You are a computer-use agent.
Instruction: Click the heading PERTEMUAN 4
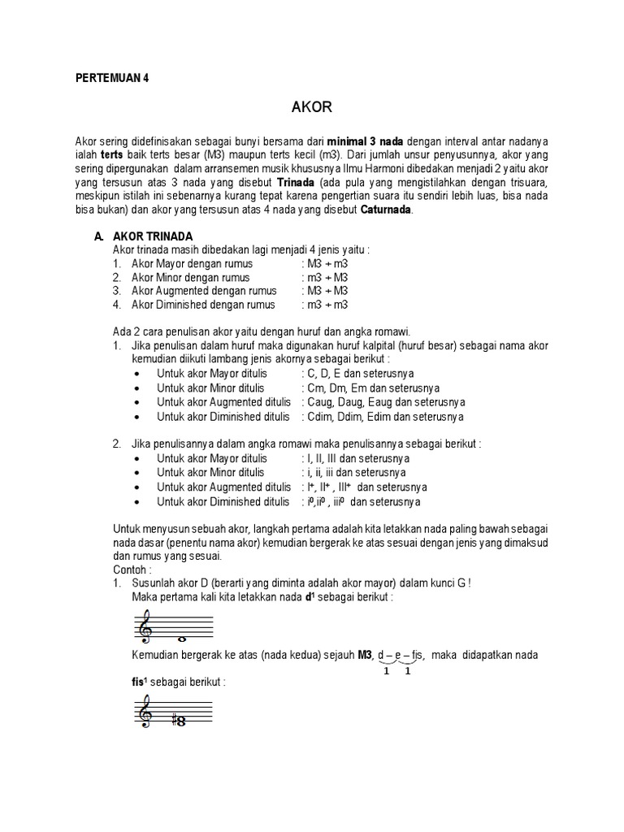tap(113, 79)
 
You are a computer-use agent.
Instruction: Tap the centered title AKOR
tap(311, 107)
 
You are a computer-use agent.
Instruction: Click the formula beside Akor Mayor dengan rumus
tap(325, 264)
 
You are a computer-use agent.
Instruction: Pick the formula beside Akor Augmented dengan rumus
tap(325, 291)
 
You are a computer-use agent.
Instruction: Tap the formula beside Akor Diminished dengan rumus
tap(325, 305)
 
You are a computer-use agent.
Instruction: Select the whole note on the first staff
tap(183, 639)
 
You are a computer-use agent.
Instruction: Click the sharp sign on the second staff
tap(172, 718)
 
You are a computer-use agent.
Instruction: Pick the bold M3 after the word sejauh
tap(366, 655)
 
